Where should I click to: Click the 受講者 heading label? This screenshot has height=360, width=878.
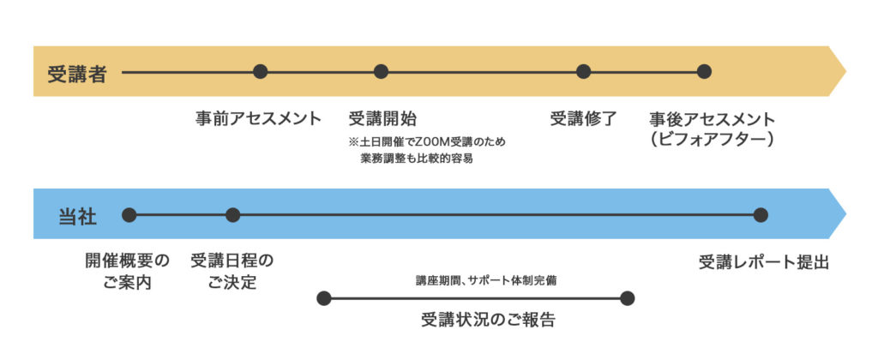click(76, 73)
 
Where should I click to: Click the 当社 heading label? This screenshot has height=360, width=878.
click(76, 215)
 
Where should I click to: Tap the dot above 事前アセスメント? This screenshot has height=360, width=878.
click(261, 72)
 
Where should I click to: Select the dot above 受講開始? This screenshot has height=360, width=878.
click(382, 72)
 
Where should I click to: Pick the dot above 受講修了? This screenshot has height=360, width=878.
click(584, 72)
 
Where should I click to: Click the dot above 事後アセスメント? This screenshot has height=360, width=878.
click(704, 72)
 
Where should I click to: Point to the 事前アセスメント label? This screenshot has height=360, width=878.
click(258, 118)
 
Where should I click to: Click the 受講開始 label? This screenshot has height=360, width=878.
click(383, 118)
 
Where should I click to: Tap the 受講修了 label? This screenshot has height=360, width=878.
click(583, 118)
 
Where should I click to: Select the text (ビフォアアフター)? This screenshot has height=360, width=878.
click(712, 139)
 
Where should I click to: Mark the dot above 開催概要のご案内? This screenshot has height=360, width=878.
click(129, 215)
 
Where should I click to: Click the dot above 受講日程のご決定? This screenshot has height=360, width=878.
click(232, 215)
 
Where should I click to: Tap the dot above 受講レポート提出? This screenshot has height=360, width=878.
click(761, 215)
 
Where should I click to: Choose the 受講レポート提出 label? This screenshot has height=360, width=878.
click(764, 261)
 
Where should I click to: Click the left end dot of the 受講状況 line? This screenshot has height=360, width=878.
click(323, 298)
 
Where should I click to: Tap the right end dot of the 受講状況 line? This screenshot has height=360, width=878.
click(627, 298)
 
